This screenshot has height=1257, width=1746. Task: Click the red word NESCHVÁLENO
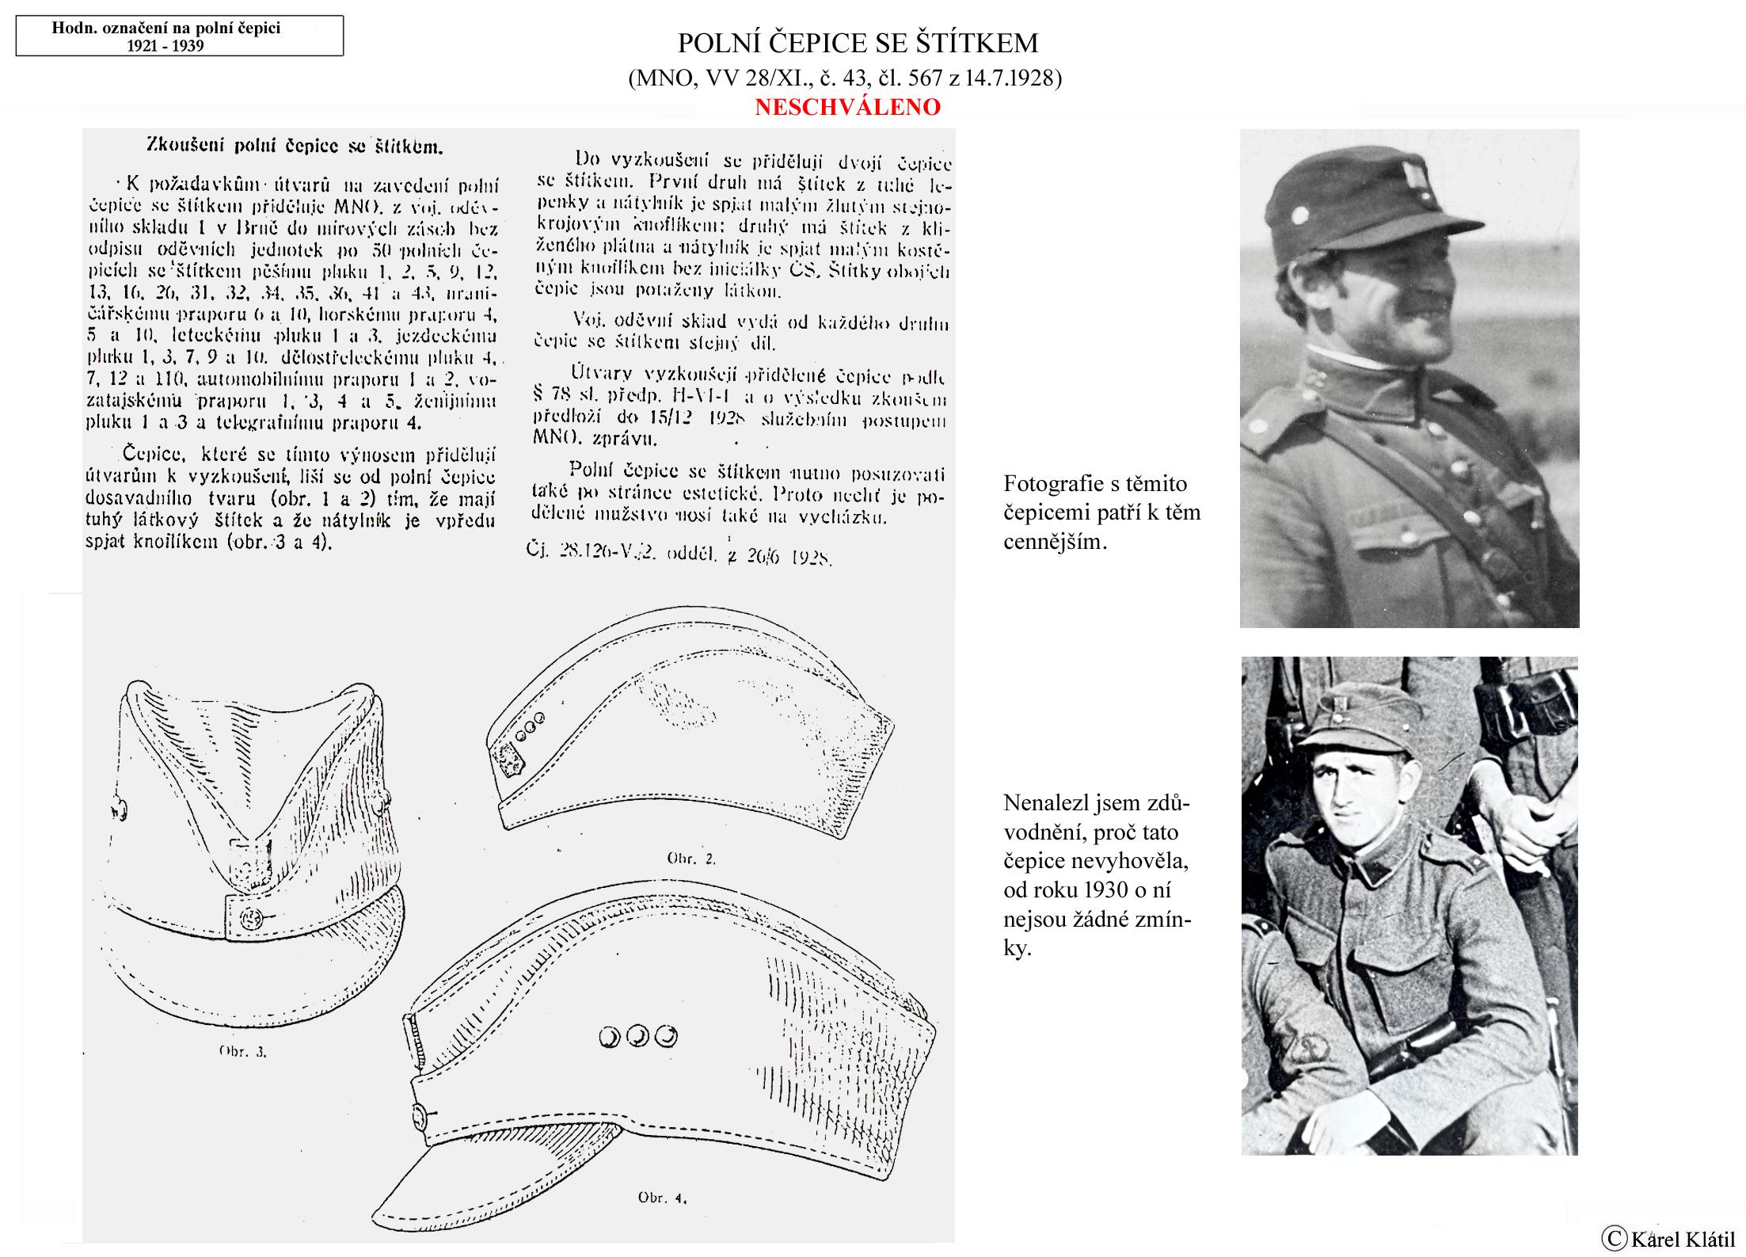point(847,107)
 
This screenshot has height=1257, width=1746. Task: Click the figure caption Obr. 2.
point(691,858)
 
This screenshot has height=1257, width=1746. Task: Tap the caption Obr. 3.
point(243,1052)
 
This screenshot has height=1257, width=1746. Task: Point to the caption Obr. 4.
point(662,1198)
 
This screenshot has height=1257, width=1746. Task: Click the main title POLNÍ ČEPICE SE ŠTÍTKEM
point(858,43)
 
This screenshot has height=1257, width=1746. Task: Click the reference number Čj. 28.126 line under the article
point(677,554)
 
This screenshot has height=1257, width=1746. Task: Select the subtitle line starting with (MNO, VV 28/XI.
point(844,78)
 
